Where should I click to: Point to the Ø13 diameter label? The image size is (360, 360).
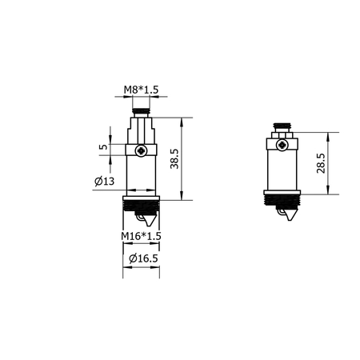coord(103,182)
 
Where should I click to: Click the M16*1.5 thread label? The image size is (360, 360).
coord(142,237)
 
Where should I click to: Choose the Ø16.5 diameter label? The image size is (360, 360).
coord(142,258)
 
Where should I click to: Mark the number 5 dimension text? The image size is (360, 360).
coord(102,148)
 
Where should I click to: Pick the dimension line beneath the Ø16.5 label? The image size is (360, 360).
coord(142,269)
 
